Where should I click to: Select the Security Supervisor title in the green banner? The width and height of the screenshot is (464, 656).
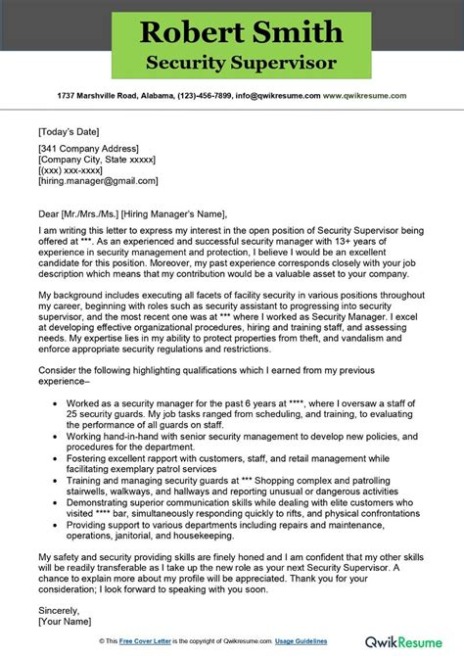pyautogui.click(x=232, y=62)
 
